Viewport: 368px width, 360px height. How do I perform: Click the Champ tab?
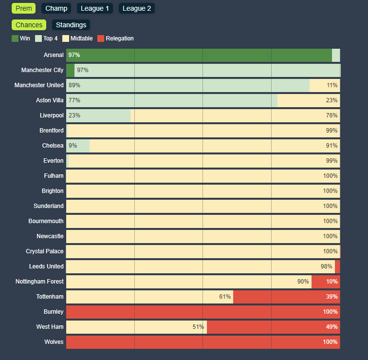click(x=56, y=8)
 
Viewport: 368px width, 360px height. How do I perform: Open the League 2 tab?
click(x=137, y=8)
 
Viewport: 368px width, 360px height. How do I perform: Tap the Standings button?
click(x=71, y=25)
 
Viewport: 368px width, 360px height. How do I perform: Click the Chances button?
click(x=29, y=25)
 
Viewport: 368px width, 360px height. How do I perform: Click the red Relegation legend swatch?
click(x=101, y=38)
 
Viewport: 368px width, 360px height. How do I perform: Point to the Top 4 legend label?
click(x=50, y=38)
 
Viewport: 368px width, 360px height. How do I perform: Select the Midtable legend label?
click(x=81, y=38)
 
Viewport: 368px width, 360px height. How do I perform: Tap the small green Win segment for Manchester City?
click(x=70, y=70)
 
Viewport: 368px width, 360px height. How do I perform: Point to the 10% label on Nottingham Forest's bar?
click(x=332, y=282)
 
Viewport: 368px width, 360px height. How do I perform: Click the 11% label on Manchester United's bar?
click(x=332, y=85)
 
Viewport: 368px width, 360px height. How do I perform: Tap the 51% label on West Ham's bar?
click(x=198, y=327)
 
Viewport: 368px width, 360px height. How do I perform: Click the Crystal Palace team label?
click(x=45, y=251)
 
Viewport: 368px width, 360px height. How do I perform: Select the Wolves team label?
click(x=54, y=342)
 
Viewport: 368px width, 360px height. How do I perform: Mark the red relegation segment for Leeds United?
click(x=337, y=266)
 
